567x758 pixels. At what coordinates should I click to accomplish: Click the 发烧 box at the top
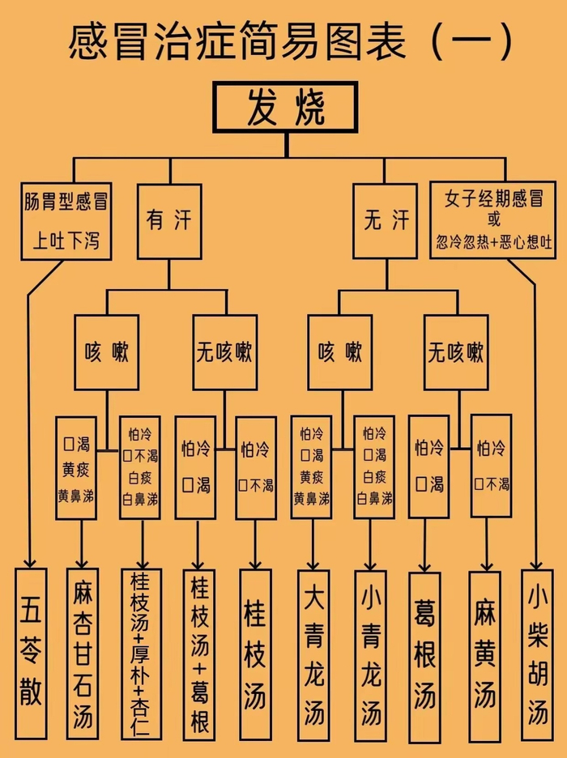[x=285, y=108]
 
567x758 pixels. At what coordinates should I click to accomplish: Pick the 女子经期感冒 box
[x=492, y=219]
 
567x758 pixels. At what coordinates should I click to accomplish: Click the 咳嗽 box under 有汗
[x=107, y=352]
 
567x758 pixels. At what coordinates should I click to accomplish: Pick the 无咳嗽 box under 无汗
[x=456, y=352]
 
